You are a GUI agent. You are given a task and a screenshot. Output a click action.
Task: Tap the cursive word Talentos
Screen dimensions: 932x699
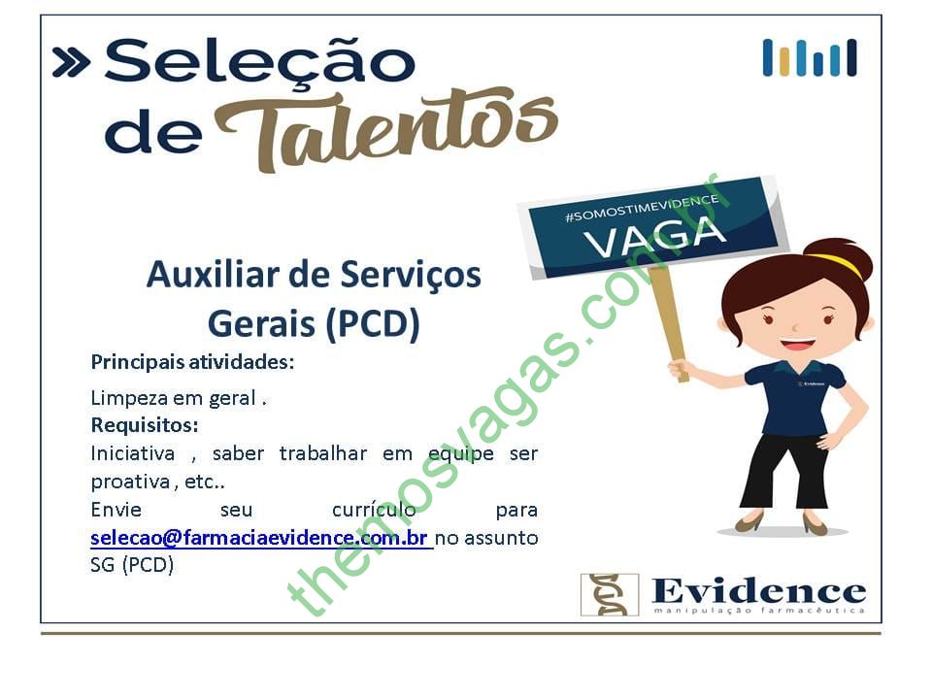click(386, 129)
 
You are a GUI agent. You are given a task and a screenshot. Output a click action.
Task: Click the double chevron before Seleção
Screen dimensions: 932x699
click(71, 62)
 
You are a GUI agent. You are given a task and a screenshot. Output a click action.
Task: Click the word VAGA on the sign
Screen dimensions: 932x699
click(654, 236)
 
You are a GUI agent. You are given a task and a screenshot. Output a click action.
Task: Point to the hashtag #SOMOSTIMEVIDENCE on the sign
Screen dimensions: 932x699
click(642, 208)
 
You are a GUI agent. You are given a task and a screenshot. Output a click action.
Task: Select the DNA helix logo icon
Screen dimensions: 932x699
click(610, 594)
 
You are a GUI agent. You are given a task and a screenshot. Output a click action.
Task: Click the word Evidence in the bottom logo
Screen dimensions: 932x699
click(758, 591)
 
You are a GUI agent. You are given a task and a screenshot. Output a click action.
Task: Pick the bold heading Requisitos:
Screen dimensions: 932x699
click(145, 425)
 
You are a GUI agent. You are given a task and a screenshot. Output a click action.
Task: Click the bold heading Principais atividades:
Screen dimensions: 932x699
click(192, 362)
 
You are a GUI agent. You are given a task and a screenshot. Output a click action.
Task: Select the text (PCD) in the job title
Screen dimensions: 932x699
click(373, 324)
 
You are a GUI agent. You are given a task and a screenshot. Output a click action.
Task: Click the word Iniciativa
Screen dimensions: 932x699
click(133, 453)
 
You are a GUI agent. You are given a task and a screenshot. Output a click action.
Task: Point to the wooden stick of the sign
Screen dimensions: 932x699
click(669, 322)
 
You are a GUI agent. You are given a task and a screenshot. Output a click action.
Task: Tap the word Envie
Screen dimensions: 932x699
click(116, 510)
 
